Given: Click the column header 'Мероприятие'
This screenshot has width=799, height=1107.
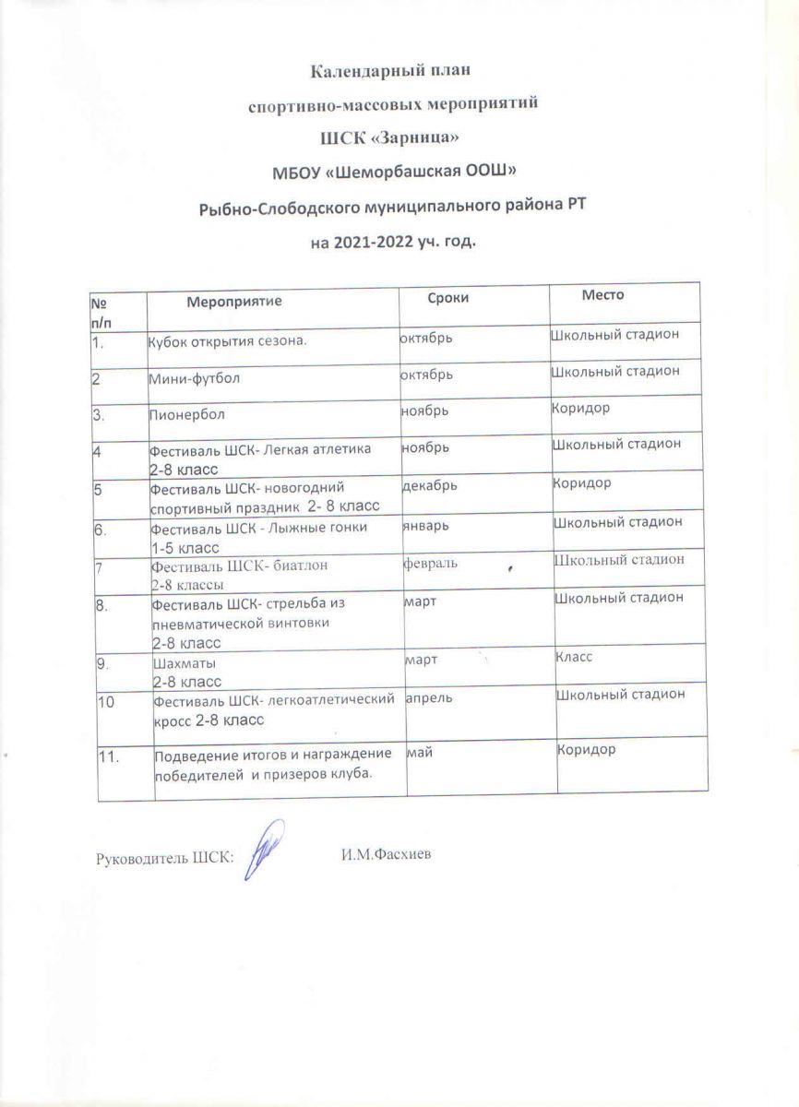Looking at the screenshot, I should (x=234, y=301).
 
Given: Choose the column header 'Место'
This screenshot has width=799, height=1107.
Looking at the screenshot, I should (x=603, y=295).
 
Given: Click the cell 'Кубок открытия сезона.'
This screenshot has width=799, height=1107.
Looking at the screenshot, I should (x=227, y=343).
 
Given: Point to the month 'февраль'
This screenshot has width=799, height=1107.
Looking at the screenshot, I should (x=431, y=562).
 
